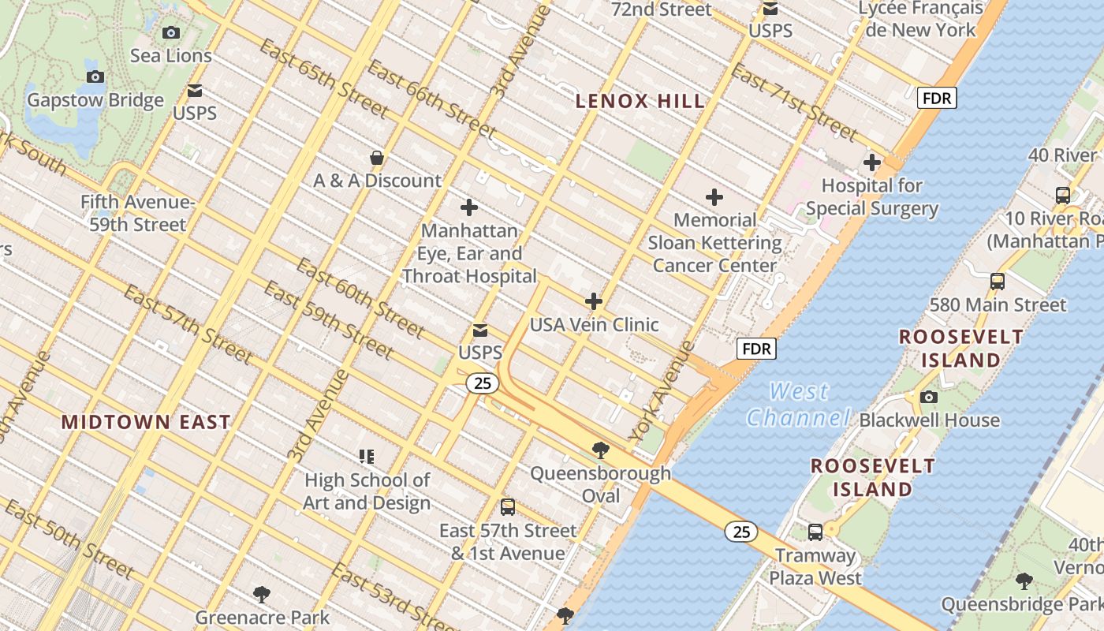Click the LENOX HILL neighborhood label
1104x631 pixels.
(640, 101)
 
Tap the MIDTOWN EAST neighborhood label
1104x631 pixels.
(146, 422)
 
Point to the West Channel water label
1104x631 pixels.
(799, 404)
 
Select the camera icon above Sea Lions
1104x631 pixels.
(170, 32)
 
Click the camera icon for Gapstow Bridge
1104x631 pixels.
(95, 77)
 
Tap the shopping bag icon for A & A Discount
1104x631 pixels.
(377, 158)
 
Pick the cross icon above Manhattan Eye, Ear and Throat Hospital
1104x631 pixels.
(469, 207)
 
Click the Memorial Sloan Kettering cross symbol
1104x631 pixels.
(714, 196)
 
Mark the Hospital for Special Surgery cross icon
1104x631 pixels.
(872, 162)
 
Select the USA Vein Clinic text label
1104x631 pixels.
(594, 324)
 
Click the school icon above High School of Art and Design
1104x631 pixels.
(367, 456)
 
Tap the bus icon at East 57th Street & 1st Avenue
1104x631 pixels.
(508, 506)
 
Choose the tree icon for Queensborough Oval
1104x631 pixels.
(600, 450)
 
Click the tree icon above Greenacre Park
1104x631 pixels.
(262, 594)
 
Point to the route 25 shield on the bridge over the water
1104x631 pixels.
(741, 532)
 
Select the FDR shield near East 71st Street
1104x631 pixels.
(937, 98)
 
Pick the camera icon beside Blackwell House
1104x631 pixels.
(929, 397)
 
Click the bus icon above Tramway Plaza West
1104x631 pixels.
(815, 532)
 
